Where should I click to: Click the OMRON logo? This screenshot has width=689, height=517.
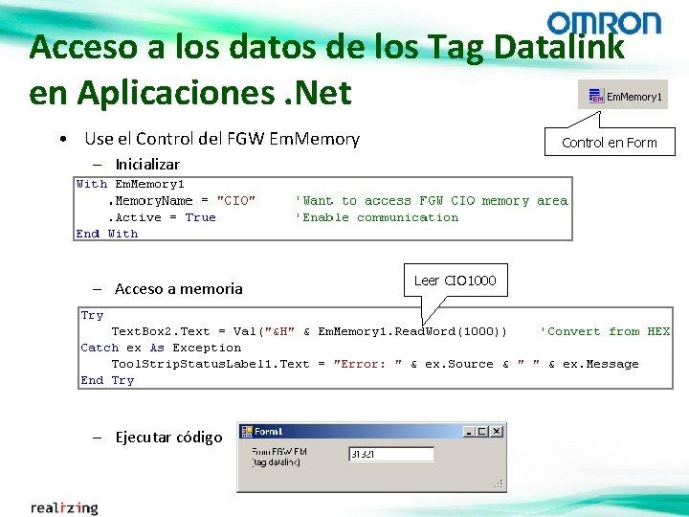pos(603,23)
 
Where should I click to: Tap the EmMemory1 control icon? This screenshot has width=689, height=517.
pos(595,96)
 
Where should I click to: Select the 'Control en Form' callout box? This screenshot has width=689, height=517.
pos(609,143)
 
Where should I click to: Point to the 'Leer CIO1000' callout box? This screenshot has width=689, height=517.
pos(455,281)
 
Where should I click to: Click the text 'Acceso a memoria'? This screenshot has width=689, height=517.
pos(178,288)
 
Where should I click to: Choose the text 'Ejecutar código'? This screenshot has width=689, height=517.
pos(168,438)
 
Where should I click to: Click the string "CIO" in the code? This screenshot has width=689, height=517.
pos(236,201)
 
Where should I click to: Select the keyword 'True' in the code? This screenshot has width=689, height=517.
pos(200,217)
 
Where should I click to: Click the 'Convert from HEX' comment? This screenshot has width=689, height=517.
pos(605,331)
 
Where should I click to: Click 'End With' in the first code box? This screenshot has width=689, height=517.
pos(106,234)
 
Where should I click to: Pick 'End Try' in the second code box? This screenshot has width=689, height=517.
pos(107,380)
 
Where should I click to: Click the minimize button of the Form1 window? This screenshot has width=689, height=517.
pos(469,432)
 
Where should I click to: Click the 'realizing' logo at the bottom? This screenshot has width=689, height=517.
pos(64,507)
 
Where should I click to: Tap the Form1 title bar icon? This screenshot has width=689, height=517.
pos(246,432)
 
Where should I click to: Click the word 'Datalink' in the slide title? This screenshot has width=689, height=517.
pos(555,46)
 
